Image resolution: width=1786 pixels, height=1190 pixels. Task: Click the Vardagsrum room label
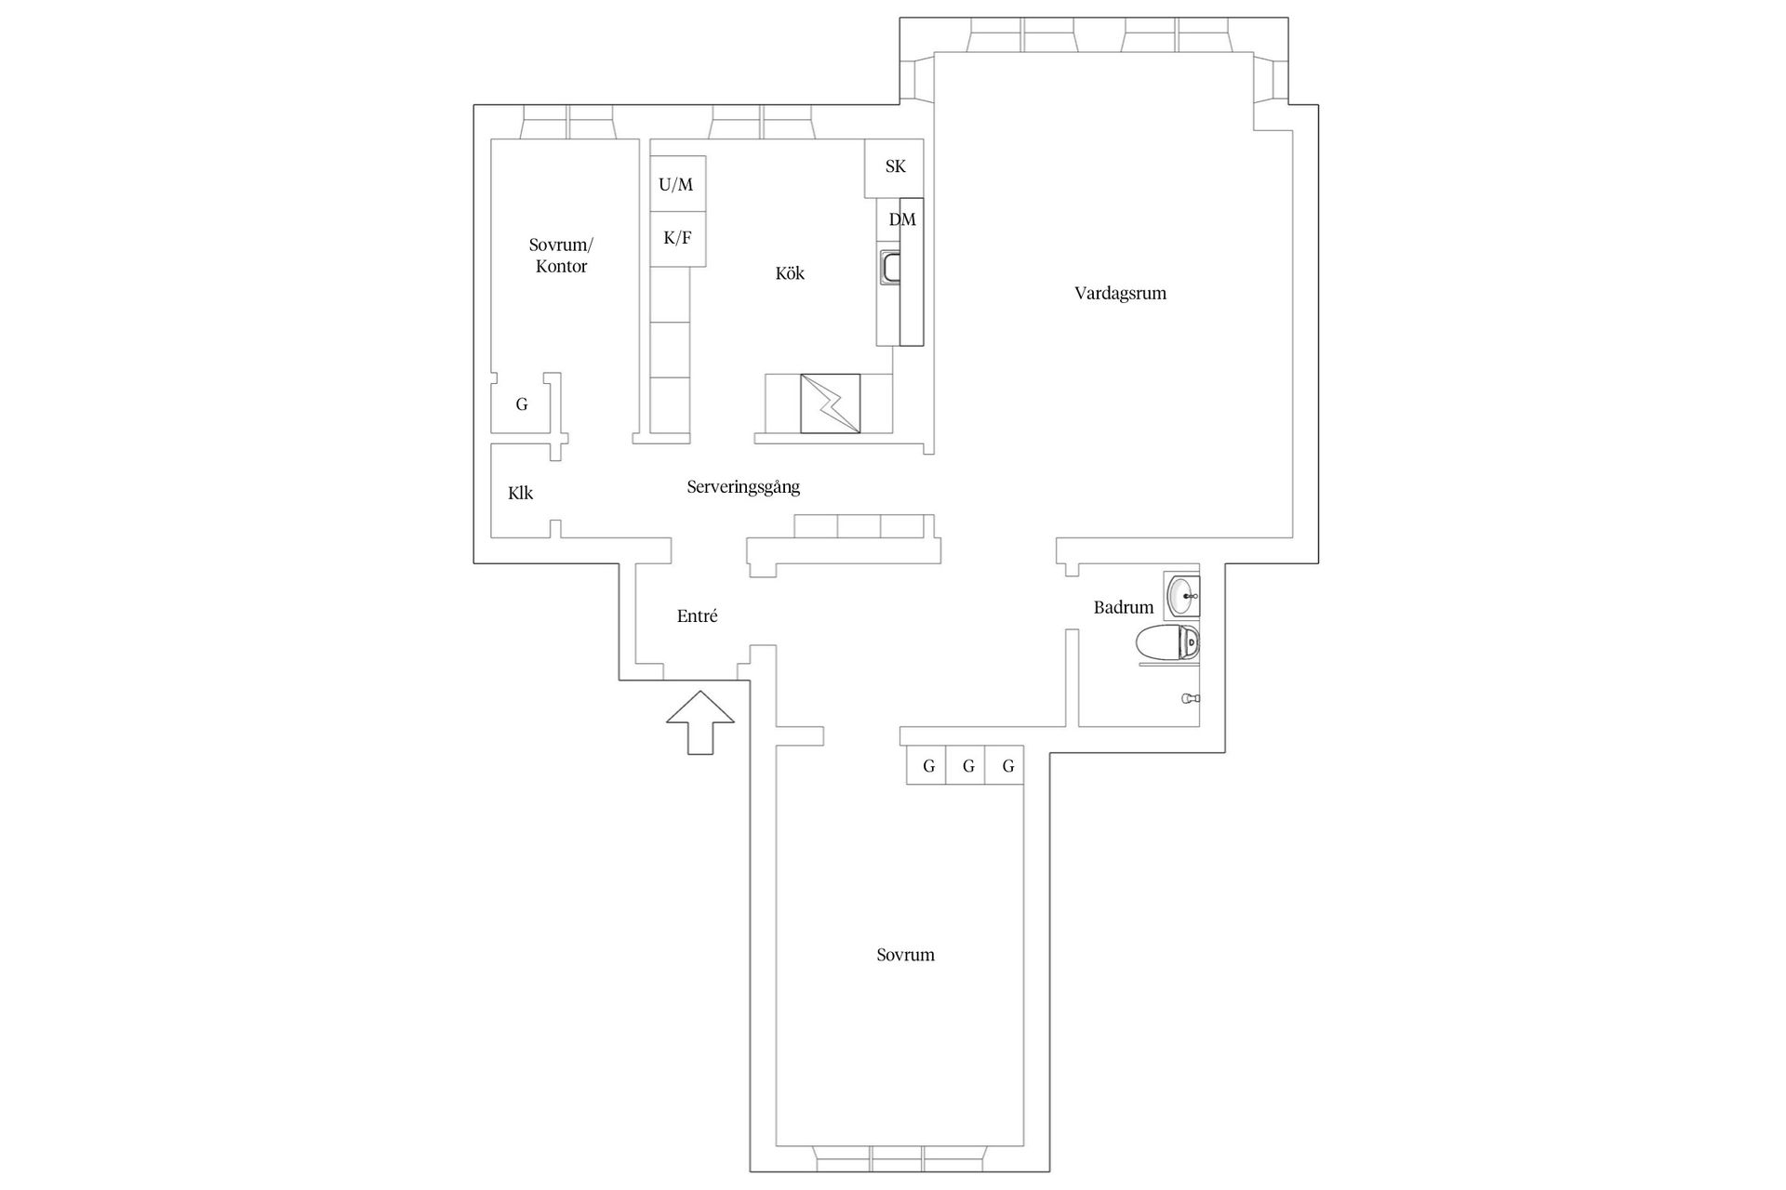coord(1120,294)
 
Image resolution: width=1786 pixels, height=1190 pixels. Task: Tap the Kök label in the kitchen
coord(790,273)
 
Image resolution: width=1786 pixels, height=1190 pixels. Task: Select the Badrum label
coord(1124,607)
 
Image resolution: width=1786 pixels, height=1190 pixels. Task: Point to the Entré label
coord(697,615)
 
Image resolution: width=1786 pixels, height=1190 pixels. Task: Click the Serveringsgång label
coord(743,486)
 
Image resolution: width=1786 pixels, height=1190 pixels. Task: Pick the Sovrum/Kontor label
coord(561,256)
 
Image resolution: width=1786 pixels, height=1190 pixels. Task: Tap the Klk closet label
coord(520,493)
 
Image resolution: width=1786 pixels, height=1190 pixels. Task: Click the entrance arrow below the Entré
coord(700,721)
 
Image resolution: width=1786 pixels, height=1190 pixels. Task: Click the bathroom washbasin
coord(1182,596)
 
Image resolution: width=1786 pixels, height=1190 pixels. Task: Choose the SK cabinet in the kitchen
coord(895,167)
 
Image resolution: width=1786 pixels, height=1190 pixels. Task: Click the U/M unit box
coord(677,184)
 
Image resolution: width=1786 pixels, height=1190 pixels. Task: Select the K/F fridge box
coord(677,239)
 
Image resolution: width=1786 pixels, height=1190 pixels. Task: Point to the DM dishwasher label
coord(902,219)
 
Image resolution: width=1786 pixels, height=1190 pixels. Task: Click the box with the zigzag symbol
coord(831,403)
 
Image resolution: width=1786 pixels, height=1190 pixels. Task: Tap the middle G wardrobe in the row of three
coord(968,765)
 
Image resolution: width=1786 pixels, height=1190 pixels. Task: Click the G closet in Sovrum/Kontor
coord(522,404)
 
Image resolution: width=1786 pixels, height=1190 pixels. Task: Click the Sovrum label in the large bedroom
coord(905,955)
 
